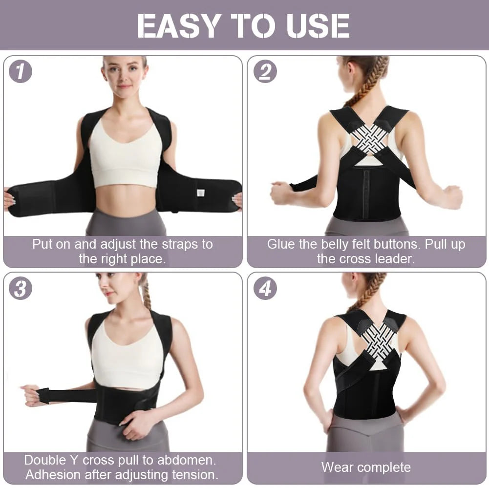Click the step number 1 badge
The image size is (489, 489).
click(x=21, y=72)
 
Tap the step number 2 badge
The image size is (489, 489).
click(x=265, y=72)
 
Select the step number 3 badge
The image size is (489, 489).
click(x=21, y=289)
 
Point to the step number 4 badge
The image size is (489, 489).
click(x=265, y=289)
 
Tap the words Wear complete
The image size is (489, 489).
click(x=366, y=467)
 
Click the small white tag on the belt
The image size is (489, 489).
click(x=200, y=192)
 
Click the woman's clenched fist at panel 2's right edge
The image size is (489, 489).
click(x=452, y=197)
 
